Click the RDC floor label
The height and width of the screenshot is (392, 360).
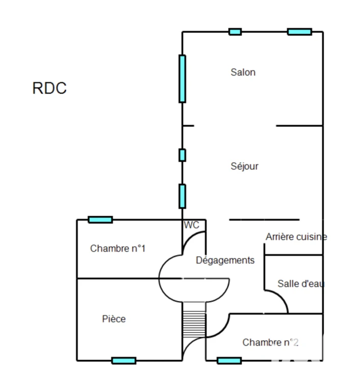pos(49,88)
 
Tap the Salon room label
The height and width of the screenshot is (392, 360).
pos(243,72)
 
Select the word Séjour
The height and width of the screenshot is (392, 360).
pos(244,166)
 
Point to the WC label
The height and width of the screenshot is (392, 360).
pos(191,225)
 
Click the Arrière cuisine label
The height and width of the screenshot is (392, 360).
pos(296,236)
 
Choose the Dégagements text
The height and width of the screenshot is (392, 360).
pos(225,260)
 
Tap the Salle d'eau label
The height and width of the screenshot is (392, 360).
pos(301,283)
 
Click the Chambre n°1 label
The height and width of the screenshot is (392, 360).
pos(118,248)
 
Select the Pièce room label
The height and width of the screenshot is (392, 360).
pos(114,318)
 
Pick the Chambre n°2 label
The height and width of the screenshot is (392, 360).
pos(270,342)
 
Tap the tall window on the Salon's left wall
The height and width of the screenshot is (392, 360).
pos(182,79)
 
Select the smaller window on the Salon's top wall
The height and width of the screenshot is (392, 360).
pos(235,32)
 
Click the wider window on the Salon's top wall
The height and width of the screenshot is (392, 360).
pos(299,32)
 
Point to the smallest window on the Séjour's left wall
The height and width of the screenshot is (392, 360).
pos(182,155)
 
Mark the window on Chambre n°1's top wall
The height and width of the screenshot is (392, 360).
pos(100,220)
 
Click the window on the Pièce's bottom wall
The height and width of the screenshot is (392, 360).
pos(124,361)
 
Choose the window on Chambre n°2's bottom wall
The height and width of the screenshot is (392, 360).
pos(229,361)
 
